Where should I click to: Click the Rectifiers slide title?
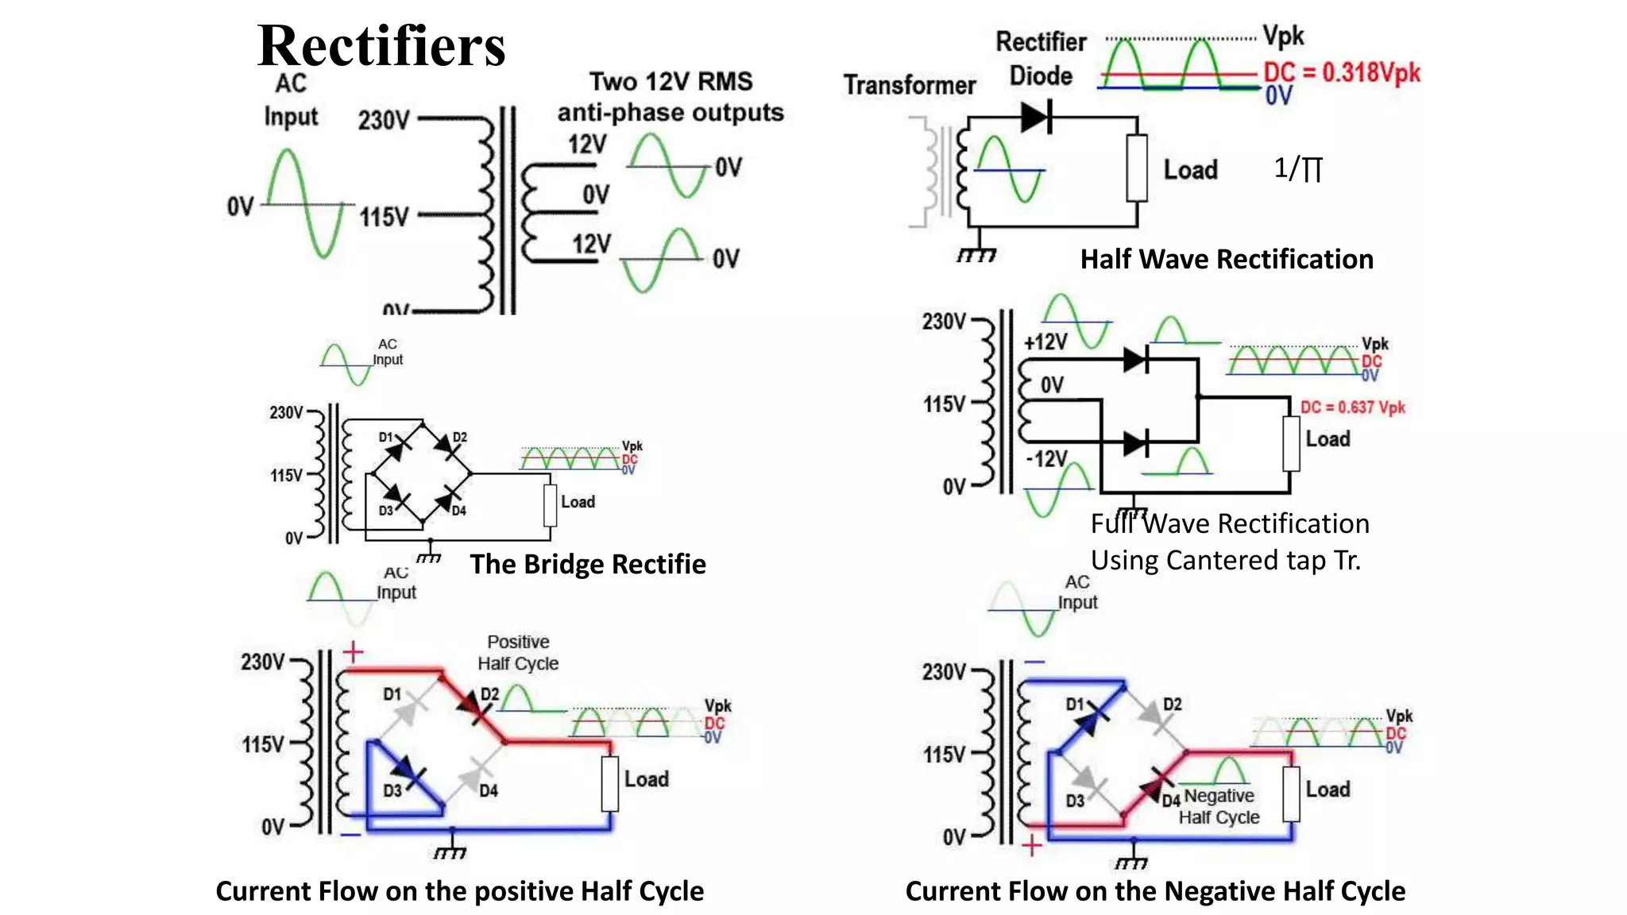[x=381, y=46]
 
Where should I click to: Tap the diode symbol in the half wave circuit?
[x=1037, y=118]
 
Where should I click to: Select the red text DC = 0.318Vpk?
[x=1342, y=72]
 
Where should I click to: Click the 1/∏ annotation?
[x=1298, y=168]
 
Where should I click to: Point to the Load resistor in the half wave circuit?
[x=1137, y=168]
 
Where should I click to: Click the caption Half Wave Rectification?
[x=1227, y=259]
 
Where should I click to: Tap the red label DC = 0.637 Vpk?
[x=1352, y=407]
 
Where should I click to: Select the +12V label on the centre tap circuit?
[x=1045, y=342]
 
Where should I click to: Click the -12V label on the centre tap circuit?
[x=1046, y=459]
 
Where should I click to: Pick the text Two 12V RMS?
[x=671, y=82]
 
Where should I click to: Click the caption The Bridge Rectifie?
[x=588, y=564]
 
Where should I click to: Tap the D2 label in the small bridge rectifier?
[x=460, y=438]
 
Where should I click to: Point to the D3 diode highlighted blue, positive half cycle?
[x=408, y=770]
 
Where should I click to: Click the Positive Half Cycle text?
[x=518, y=652]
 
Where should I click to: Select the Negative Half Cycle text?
[x=1219, y=806]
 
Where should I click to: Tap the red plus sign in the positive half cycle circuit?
[x=353, y=652]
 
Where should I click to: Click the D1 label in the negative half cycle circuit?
[x=1074, y=704]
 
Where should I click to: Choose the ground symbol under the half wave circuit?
[x=976, y=255]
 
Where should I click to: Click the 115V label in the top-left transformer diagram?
[x=384, y=217]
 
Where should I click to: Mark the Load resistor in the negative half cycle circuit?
[x=1292, y=793]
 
